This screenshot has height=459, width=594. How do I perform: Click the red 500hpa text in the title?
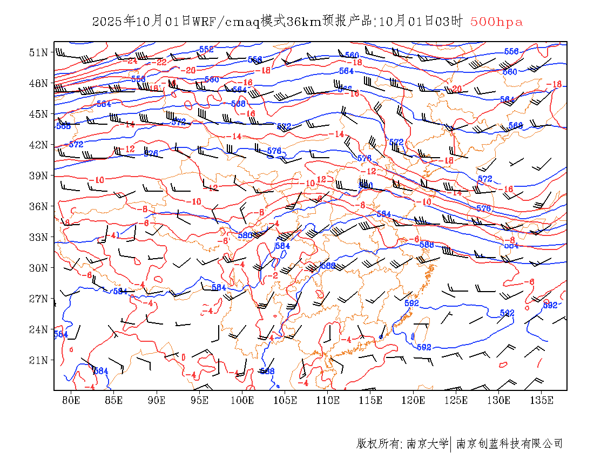coord(496,22)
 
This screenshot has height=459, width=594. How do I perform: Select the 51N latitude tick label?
coord(39,52)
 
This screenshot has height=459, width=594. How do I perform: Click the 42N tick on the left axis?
coord(39,145)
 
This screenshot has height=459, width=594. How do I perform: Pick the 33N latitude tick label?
coord(39,237)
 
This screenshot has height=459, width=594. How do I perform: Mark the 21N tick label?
coord(39,360)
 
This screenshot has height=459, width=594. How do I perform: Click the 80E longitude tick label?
coord(71,400)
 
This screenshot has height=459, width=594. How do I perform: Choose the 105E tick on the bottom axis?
coord(285,400)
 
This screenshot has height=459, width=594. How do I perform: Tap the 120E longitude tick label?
coord(414,400)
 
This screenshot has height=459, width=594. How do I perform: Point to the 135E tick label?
coord(542,400)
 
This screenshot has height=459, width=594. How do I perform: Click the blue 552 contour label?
coord(206,49)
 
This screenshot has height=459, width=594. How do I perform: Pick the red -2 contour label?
coord(274,275)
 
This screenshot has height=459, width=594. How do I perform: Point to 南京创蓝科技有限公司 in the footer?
coord(509,444)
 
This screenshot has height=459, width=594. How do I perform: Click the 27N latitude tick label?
coord(39,299)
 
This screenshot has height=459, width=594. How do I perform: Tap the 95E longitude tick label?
coord(200,400)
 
